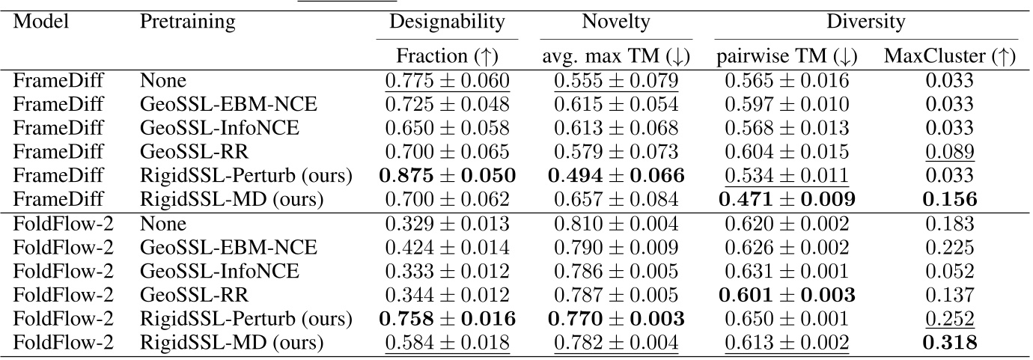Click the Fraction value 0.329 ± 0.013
click(x=448, y=225)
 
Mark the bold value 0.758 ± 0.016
click(x=448, y=319)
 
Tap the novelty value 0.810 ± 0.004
click(x=616, y=225)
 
